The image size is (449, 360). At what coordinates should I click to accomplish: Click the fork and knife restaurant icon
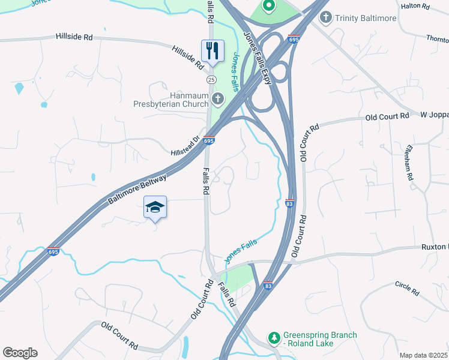pyautogui.click(x=212, y=50)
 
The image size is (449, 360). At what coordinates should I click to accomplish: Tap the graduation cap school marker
pyautogui.click(x=155, y=207)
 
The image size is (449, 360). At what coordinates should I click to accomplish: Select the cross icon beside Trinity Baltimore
pyautogui.click(x=326, y=17)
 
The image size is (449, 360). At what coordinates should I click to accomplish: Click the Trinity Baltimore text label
pyautogui.click(x=366, y=18)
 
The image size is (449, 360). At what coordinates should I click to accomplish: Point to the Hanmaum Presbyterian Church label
pyautogui.click(x=172, y=99)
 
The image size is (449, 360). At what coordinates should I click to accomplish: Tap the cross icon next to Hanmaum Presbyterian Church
pyautogui.click(x=217, y=98)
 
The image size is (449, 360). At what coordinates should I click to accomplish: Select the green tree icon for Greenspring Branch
pyautogui.click(x=274, y=338)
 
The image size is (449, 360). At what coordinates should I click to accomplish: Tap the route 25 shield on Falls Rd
pyautogui.click(x=211, y=79)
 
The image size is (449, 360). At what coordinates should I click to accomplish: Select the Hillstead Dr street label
pyautogui.click(x=186, y=137)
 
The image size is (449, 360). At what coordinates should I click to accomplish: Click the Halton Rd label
pyautogui.click(x=417, y=7)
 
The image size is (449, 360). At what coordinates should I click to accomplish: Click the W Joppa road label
pyautogui.click(x=433, y=114)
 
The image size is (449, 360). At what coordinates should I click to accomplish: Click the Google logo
pyautogui.click(x=20, y=353)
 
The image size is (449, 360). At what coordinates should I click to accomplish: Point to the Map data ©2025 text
pyautogui.click(x=423, y=355)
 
